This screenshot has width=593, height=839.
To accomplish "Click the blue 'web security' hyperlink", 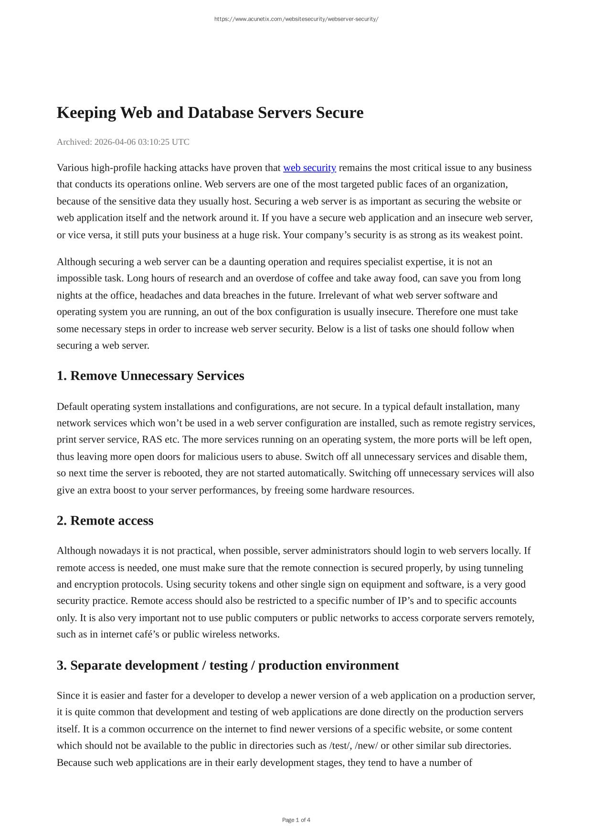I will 309,168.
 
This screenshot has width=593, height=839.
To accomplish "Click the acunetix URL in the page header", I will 296,19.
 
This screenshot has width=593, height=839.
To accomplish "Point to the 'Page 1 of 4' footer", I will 296,820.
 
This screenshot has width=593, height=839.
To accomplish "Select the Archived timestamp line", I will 123,142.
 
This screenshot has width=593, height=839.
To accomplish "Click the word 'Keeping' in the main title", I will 86,113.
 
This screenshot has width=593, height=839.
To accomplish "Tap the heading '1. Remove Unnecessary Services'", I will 150,376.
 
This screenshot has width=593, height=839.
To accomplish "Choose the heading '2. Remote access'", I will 105,521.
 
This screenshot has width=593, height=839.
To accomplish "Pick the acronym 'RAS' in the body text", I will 152,440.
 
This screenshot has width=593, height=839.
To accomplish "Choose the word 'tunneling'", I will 503,568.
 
